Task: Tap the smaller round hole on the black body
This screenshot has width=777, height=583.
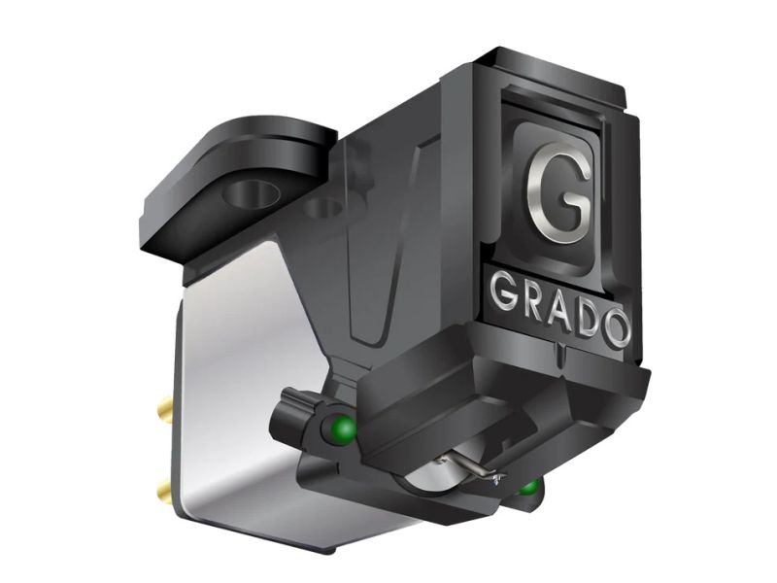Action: (x=317, y=207)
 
